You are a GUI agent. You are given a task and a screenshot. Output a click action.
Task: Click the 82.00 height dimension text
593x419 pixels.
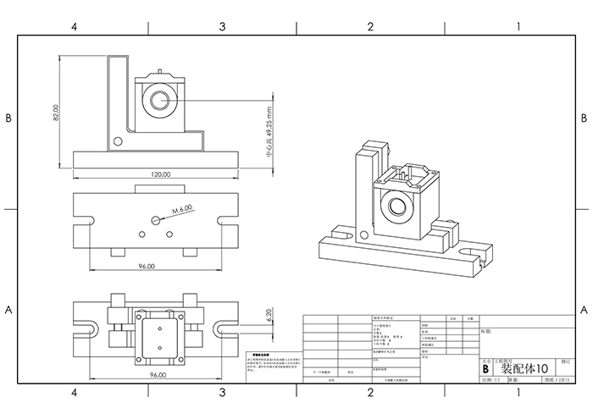[56, 113]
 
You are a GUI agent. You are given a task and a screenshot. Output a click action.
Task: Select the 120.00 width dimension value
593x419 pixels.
[160, 174]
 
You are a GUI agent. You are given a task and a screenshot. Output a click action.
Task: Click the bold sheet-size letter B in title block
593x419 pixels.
[485, 369]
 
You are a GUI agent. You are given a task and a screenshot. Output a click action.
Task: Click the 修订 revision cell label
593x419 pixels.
[566, 360]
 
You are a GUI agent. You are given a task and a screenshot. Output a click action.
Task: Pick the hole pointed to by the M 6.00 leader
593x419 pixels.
[155, 220]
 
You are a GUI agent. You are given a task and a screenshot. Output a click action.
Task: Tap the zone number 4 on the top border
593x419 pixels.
[75, 26]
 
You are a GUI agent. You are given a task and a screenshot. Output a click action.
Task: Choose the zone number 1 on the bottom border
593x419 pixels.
[518, 392]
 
